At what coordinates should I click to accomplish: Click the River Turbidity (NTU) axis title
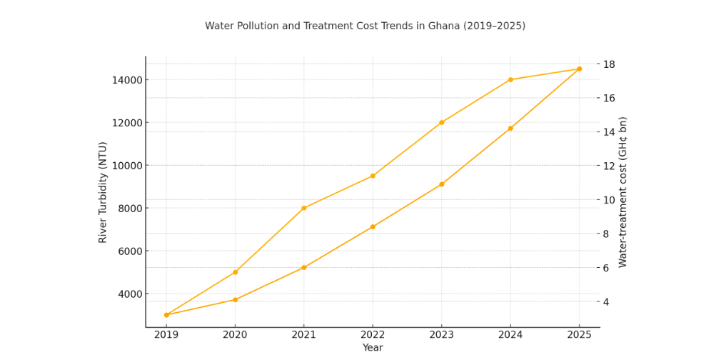coord(103,192)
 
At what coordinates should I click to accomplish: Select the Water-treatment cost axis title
coord(622,191)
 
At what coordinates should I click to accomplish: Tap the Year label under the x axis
coord(372,348)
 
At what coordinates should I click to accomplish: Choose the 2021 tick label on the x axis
coord(303,334)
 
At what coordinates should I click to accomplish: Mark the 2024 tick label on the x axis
coord(510,334)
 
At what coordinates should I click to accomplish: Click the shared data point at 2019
coord(166,315)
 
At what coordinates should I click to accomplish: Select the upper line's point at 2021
coord(304,208)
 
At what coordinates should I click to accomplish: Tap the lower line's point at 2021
coord(304,267)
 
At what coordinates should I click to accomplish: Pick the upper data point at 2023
coord(441,122)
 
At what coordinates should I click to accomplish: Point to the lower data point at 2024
coord(510,128)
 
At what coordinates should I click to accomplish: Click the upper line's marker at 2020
coord(235,272)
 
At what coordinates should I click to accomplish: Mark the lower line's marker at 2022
coord(373,226)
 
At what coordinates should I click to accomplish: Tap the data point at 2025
coord(579,69)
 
